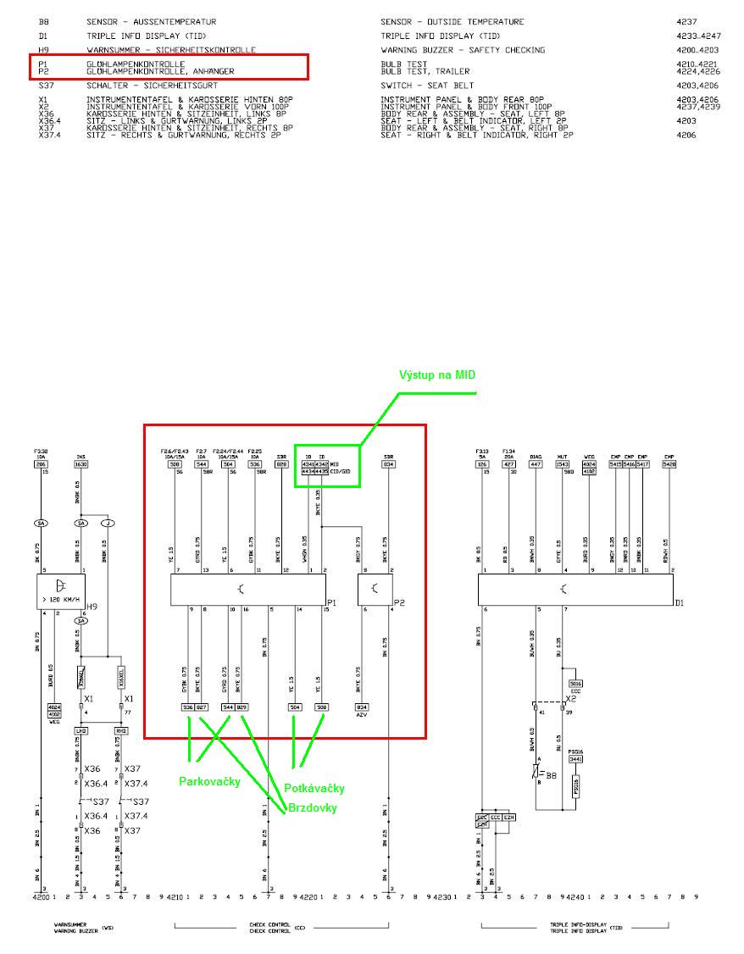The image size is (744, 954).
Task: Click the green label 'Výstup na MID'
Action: click(x=443, y=374)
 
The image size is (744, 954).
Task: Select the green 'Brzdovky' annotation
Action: click(x=312, y=807)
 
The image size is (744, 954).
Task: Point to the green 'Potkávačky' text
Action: click(x=314, y=789)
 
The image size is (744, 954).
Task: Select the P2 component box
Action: click(x=376, y=590)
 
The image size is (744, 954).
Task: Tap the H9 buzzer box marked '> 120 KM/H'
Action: click(x=62, y=590)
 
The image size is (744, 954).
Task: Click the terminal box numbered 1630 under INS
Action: click(x=81, y=464)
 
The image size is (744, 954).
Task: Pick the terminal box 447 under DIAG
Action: click(x=536, y=464)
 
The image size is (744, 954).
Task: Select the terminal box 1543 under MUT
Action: click(x=563, y=464)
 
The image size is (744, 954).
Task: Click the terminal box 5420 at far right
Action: click(x=669, y=464)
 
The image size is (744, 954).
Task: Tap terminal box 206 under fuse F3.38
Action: click(x=41, y=464)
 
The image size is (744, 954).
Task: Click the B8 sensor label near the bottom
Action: click(x=552, y=775)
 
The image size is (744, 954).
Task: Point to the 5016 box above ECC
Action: click(x=575, y=683)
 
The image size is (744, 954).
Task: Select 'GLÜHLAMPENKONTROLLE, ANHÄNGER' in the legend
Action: click(x=160, y=71)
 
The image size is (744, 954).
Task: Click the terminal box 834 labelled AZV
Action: click(x=362, y=707)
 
